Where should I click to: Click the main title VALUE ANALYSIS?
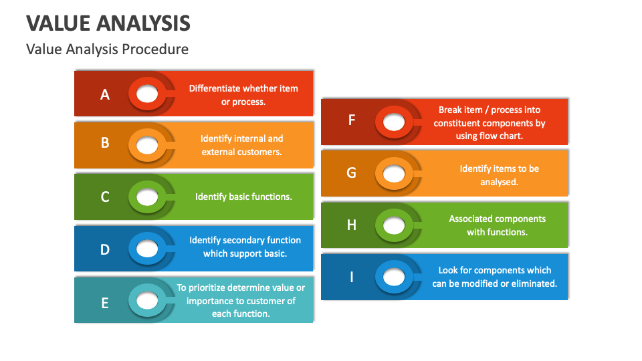[108, 23]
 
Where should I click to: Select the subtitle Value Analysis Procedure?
[107, 49]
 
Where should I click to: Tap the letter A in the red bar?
[105, 95]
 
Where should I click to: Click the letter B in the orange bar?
[105, 142]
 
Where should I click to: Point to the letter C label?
[105, 197]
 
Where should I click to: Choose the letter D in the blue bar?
[105, 249]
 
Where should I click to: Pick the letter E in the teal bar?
[105, 303]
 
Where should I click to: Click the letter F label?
[352, 120]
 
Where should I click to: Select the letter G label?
[352, 172]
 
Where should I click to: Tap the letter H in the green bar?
[352, 225]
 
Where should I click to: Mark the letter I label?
[352, 276]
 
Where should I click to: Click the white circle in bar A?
[147, 94]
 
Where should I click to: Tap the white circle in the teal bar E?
[147, 301]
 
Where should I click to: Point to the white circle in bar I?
[395, 276]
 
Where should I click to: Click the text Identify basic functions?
[243, 197]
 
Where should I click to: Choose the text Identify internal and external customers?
[241, 145]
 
